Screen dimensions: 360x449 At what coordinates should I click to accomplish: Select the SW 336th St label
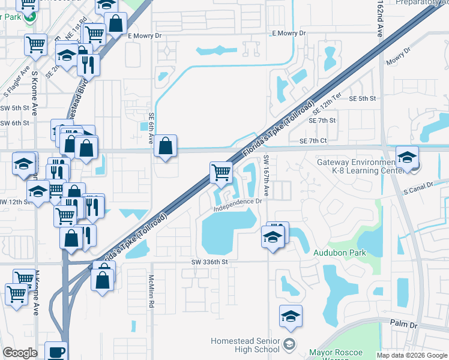209,262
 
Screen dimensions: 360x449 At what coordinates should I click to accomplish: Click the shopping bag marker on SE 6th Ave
165,146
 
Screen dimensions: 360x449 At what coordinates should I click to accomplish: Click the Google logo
20,353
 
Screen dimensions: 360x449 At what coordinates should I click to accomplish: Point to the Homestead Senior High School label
245,345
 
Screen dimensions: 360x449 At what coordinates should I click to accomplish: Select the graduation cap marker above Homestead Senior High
291,316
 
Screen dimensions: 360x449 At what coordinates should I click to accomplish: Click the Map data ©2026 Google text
412,355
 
